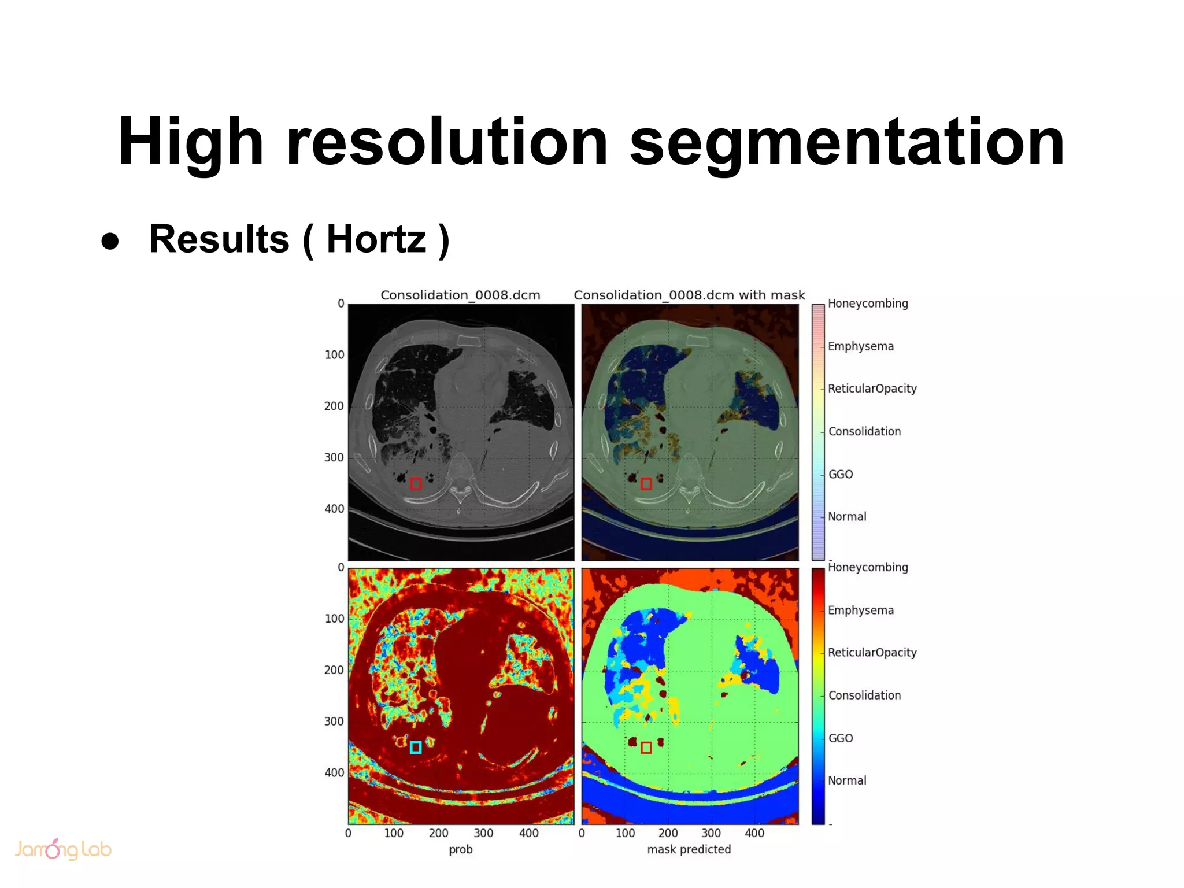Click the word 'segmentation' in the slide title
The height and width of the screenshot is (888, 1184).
click(846, 142)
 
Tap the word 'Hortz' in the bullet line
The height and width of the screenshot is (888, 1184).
click(376, 239)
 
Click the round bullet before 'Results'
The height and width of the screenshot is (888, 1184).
click(110, 241)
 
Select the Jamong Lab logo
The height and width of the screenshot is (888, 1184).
click(62, 849)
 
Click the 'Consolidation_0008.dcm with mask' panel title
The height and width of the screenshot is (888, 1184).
click(689, 295)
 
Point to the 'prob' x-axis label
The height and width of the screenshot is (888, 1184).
click(461, 849)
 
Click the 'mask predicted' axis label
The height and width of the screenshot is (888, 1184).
click(689, 849)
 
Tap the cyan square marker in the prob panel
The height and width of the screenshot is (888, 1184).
click(415, 748)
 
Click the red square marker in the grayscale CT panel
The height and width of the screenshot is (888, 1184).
click(416, 484)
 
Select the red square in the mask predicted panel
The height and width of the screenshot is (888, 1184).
click(646, 748)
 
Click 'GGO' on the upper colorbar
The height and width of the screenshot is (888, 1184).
click(841, 474)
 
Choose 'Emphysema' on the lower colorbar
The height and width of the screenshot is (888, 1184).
click(861, 610)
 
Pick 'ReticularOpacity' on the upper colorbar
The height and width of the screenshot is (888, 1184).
click(872, 388)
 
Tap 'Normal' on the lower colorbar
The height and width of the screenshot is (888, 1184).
click(847, 780)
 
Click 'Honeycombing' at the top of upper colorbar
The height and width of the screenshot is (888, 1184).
click(868, 304)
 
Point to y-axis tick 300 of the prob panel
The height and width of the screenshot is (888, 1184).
click(334, 721)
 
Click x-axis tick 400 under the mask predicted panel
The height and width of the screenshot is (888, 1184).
click(754, 833)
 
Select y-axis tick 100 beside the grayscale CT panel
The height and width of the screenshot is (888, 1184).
click(334, 354)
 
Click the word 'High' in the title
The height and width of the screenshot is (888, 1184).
click(191, 142)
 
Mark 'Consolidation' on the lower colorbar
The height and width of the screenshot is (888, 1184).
click(865, 695)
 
